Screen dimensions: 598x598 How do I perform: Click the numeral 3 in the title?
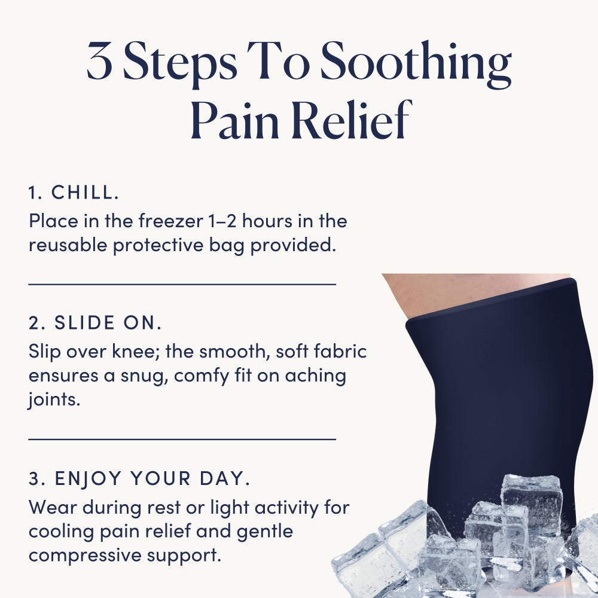click(x=99, y=61)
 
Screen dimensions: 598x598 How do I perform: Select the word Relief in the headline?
click(x=352, y=119)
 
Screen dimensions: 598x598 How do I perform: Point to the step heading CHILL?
click(x=85, y=192)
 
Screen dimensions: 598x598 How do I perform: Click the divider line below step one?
click(x=182, y=284)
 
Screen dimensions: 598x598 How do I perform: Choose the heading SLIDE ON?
click(x=108, y=323)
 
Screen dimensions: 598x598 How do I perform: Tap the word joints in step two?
click(x=54, y=400)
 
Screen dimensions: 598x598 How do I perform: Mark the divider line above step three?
click(x=182, y=440)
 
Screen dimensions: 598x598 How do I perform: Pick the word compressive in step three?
click(x=85, y=556)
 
